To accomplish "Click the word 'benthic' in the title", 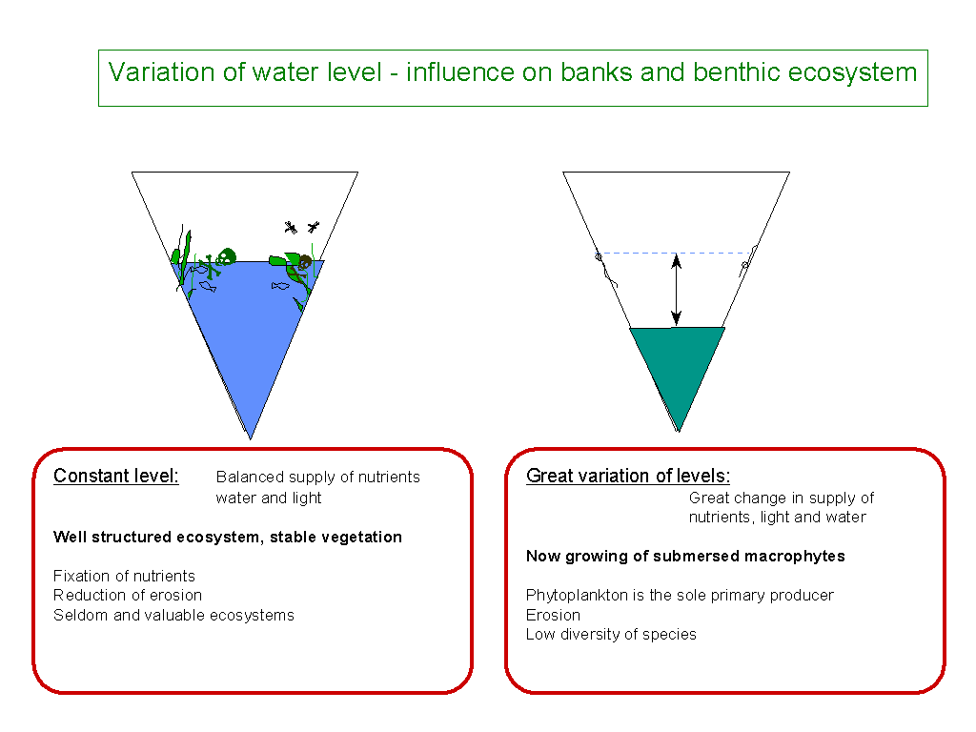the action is (737, 72).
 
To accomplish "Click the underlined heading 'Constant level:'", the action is (115, 476).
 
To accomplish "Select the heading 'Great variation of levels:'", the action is (628, 476).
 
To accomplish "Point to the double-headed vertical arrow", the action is (677, 290).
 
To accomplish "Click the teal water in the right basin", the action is (678, 361).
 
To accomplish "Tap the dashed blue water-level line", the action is (676, 254).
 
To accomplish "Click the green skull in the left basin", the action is (225, 255).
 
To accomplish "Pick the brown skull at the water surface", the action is (304, 262).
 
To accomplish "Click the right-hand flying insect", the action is (313, 227).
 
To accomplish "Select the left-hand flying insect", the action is (291, 227).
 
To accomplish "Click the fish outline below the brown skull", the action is (280, 286).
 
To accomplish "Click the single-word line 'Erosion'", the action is (554, 615).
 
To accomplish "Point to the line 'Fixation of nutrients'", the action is (125, 576).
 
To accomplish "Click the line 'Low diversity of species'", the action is (611, 634).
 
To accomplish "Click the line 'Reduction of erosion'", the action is (128, 595).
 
